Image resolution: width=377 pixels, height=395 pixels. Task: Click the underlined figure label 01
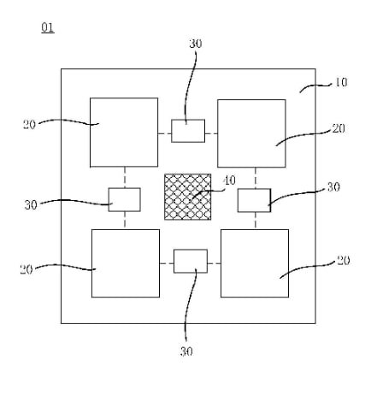(x=48, y=28)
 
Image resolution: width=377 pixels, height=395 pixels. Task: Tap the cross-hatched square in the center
(x=188, y=197)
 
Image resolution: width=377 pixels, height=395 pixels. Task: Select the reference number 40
(x=230, y=180)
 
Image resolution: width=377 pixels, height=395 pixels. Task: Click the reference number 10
(x=340, y=82)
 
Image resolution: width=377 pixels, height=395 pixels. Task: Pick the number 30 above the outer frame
(x=196, y=44)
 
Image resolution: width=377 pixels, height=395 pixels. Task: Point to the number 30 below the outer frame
(x=186, y=351)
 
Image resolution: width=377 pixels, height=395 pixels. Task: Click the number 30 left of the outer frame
(x=31, y=205)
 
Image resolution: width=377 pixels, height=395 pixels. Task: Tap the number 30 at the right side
(x=333, y=187)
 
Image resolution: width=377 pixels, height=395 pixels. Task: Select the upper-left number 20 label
(x=29, y=125)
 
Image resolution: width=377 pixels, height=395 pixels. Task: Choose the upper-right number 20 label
(x=339, y=128)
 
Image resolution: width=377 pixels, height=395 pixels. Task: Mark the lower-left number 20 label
(x=27, y=269)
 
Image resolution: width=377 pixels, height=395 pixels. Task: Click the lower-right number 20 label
(x=344, y=261)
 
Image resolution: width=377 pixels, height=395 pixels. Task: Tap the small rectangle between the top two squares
(x=188, y=131)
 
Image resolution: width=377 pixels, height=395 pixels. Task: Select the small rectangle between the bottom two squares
(x=191, y=261)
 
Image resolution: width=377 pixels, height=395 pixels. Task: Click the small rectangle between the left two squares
(x=125, y=199)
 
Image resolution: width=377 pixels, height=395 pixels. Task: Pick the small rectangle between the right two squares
(x=254, y=200)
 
